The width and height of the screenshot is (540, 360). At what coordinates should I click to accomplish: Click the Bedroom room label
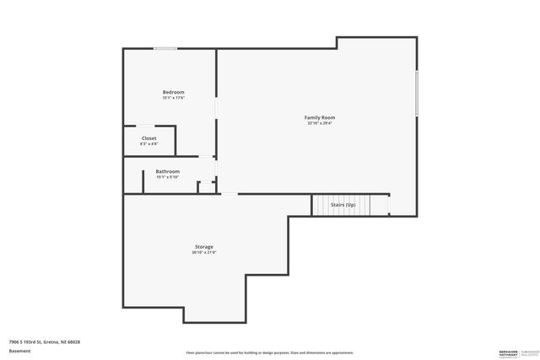click(173, 92)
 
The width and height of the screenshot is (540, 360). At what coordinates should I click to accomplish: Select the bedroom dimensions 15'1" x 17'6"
click(173, 98)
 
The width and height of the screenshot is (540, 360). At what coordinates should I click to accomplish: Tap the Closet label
click(148, 138)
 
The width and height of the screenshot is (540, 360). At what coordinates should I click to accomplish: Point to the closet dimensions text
click(148, 144)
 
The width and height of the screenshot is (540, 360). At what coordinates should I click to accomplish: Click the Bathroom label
click(167, 171)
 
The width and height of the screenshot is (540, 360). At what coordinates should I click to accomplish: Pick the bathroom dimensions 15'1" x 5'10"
click(167, 177)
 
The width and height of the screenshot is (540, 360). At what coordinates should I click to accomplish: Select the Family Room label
click(320, 117)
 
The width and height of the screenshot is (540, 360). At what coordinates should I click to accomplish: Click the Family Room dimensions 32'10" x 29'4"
click(320, 123)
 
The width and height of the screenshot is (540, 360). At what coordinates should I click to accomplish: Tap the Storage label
click(203, 247)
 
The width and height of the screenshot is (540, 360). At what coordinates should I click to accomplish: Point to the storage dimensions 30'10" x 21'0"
click(203, 253)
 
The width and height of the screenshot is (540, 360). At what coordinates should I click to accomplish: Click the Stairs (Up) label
click(343, 205)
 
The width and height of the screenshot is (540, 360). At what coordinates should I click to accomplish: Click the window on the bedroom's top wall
click(165, 48)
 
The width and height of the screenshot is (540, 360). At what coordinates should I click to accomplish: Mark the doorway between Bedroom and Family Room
click(216, 109)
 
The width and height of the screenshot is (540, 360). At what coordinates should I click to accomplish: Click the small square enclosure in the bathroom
click(205, 187)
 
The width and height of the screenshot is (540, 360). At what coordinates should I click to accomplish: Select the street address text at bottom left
click(44, 342)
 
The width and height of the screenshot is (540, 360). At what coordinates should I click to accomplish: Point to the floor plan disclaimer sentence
click(269, 352)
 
